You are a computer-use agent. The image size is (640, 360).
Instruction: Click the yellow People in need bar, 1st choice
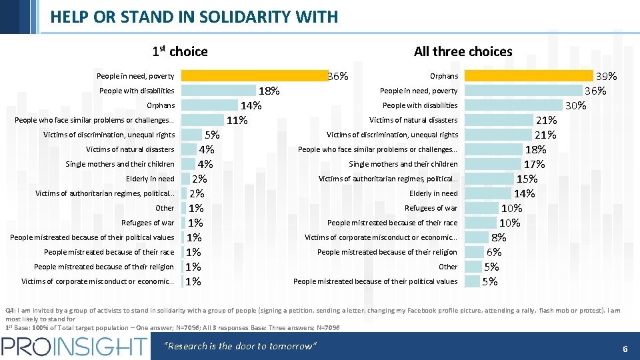click(x=253, y=76)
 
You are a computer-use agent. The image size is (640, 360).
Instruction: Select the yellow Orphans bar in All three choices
click(x=528, y=76)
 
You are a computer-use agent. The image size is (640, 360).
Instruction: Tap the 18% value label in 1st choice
click(x=269, y=91)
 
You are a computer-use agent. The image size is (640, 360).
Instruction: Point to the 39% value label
click(x=606, y=77)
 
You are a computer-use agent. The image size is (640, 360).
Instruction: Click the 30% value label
click(x=575, y=106)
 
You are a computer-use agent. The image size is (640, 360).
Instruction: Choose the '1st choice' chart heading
click(x=180, y=51)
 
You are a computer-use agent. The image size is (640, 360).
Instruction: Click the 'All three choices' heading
click(x=463, y=51)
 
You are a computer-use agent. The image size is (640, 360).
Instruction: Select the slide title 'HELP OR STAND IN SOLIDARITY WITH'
click(x=194, y=17)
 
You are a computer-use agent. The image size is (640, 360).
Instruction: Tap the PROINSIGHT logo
click(x=74, y=346)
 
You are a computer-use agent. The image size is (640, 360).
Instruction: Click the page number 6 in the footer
click(x=625, y=348)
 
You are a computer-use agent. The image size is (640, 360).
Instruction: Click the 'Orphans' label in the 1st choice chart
click(x=161, y=105)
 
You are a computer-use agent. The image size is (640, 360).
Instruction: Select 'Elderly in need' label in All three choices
click(x=433, y=193)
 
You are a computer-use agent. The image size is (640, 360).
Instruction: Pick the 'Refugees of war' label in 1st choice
click(x=147, y=223)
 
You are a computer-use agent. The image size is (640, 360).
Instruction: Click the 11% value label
click(x=237, y=121)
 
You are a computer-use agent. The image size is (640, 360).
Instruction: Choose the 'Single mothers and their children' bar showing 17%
click(x=493, y=164)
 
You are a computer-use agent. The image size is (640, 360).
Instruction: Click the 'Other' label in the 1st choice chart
click(x=165, y=208)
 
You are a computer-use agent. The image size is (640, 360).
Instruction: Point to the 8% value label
click(x=499, y=238)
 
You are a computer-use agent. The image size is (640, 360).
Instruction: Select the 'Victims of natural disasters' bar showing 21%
click(x=499, y=120)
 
